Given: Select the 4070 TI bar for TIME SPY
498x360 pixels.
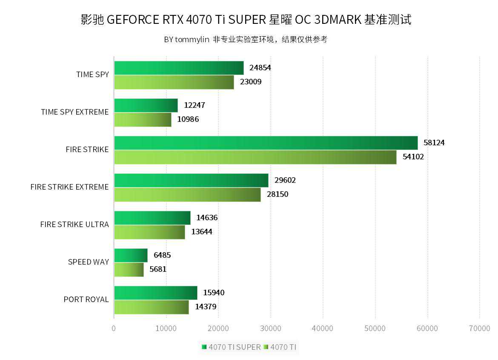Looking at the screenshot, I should click(174, 82).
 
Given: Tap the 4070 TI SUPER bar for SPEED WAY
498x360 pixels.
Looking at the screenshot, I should click(131, 255).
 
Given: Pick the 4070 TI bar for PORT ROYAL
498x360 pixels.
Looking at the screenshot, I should click(151, 307).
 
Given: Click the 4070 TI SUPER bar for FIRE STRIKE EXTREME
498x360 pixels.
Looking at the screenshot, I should click(191, 180).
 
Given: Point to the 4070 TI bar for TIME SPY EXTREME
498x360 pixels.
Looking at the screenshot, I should click(143, 120).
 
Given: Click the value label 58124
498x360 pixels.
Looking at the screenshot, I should click(434, 143).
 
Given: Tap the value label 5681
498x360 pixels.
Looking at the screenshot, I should click(157, 269).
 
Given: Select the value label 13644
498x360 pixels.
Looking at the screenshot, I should click(201, 232).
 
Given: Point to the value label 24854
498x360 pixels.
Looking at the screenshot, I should click(260, 68).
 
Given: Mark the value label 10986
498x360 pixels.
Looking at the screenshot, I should click(188, 119).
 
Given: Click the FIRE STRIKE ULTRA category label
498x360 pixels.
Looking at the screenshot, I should click(74, 225).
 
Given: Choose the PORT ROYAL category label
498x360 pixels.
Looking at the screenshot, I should click(86, 300).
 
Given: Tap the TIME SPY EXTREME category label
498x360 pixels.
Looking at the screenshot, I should click(74, 112).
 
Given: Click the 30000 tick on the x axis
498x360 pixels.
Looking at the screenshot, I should click(271, 328).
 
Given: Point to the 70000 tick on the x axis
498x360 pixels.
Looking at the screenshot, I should click(480, 328).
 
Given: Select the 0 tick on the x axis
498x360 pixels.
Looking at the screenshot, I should click(114, 328).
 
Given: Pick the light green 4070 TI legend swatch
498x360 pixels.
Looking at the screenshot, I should click(266, 347).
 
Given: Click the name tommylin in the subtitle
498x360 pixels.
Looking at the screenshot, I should click(192, 40).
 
